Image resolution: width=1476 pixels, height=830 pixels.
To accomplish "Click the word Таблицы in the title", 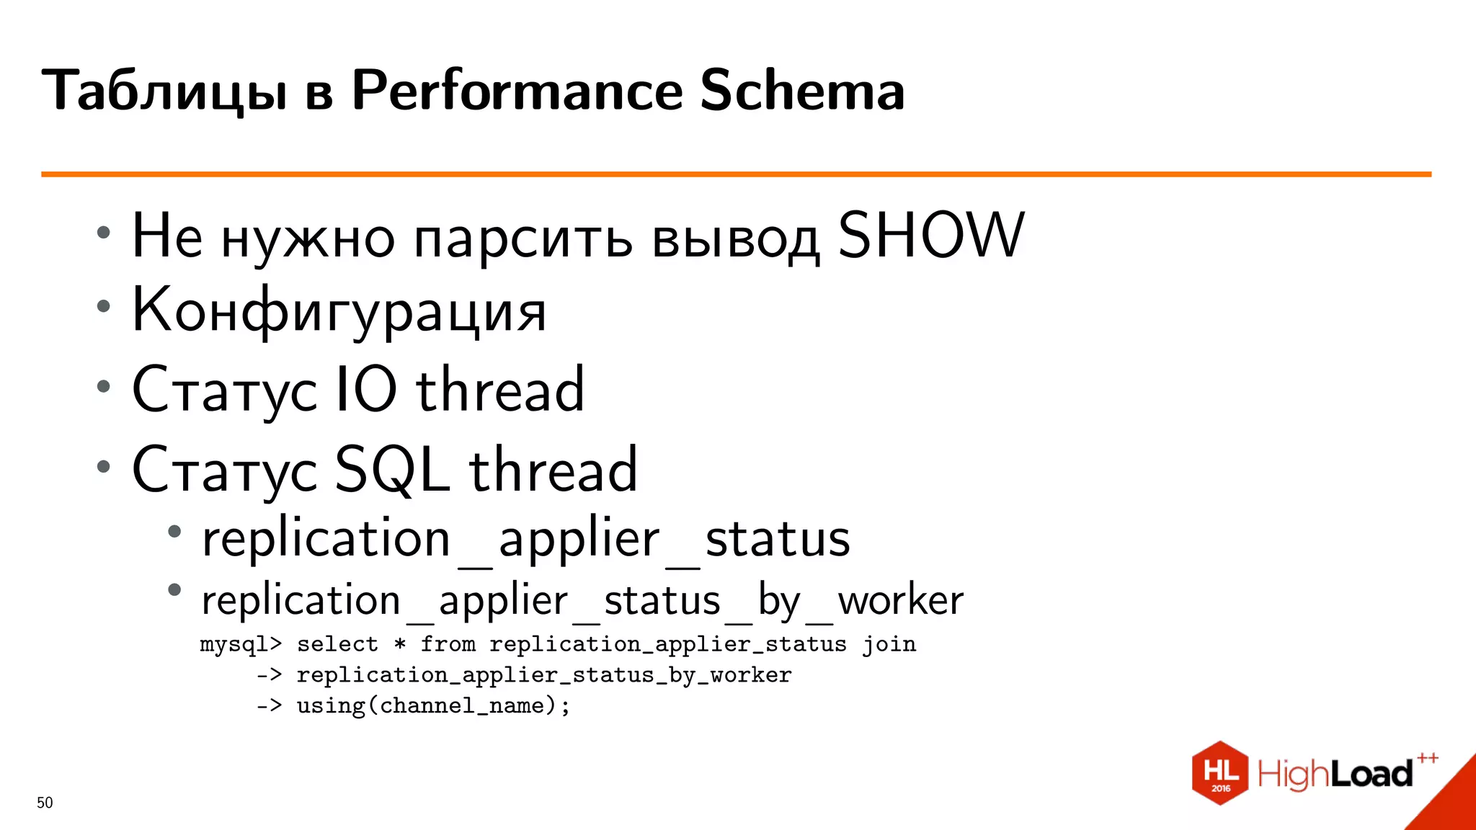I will (165, 92).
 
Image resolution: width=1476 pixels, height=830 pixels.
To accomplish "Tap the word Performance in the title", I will (517, 92).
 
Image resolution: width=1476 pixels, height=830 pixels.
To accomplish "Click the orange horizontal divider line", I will (735, 174).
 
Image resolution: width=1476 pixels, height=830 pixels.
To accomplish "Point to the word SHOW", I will (930, 236).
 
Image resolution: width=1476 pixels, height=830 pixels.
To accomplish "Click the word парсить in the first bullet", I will (523, 238).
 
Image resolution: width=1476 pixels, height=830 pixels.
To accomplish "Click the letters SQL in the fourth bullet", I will (390, 470).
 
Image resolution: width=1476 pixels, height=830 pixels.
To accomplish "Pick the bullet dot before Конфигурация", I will (104, 306).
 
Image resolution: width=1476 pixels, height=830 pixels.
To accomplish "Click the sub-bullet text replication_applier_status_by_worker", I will (582, 600).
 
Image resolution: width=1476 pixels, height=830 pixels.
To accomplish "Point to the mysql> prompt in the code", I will (241, 644).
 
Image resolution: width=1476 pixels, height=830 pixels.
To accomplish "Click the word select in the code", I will (337, 644).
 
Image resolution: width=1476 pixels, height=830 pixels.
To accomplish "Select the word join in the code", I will (889, 644).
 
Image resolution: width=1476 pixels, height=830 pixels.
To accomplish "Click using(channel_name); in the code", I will (433, 705).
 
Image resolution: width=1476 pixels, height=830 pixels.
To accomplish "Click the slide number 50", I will (45, 803).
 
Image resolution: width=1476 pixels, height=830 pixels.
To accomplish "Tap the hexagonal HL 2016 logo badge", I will (1219, 773).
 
